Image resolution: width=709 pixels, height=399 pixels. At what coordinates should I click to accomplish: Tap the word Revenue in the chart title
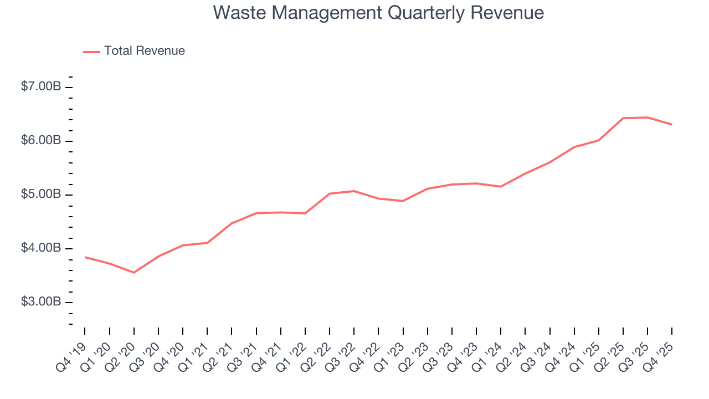(508, 13)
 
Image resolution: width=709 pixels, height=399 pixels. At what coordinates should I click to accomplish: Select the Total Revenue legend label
(144, 51)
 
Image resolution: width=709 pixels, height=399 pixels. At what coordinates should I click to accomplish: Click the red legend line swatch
(91, 52)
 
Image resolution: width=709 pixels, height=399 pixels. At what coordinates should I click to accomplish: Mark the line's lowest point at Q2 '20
(134, 272)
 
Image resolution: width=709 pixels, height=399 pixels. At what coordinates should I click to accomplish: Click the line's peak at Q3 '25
(647, 117)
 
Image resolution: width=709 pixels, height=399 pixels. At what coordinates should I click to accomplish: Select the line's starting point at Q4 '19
(85, 257)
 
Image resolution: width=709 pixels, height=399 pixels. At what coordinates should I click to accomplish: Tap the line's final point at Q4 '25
(671, 124)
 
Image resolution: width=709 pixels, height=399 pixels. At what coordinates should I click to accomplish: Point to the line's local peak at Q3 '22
(354, 191)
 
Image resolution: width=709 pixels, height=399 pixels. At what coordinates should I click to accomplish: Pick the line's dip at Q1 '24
(501, 186)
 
